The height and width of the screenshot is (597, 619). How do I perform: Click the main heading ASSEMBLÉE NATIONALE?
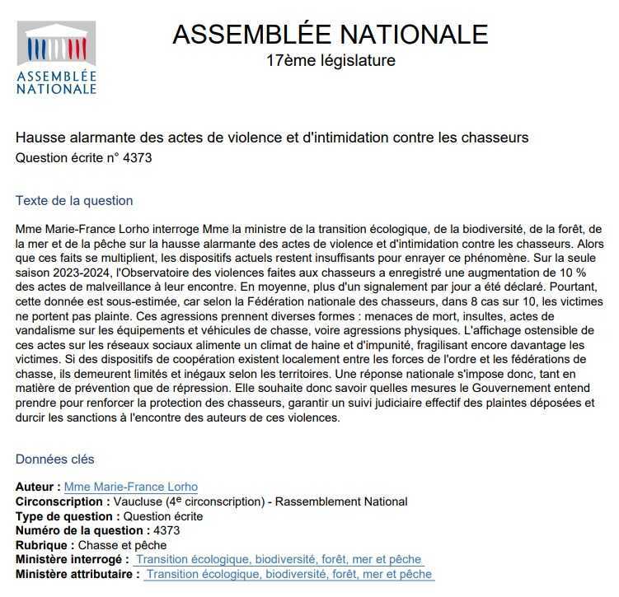coord(330,35)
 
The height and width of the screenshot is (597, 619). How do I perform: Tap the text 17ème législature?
coord(331,60)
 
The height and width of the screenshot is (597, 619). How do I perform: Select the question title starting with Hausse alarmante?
coord(272,138)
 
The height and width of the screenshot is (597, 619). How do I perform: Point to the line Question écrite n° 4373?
coord(84,157)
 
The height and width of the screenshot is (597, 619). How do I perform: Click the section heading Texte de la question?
coord(74,201)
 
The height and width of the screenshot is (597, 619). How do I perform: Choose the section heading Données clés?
coord(55,459)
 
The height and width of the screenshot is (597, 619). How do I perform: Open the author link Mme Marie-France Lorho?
coord(130,487)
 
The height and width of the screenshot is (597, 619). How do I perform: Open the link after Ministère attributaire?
coord(288,575)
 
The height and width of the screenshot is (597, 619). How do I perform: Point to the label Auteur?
coord(37,487)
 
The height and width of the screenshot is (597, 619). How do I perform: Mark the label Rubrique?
coord(45,545)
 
